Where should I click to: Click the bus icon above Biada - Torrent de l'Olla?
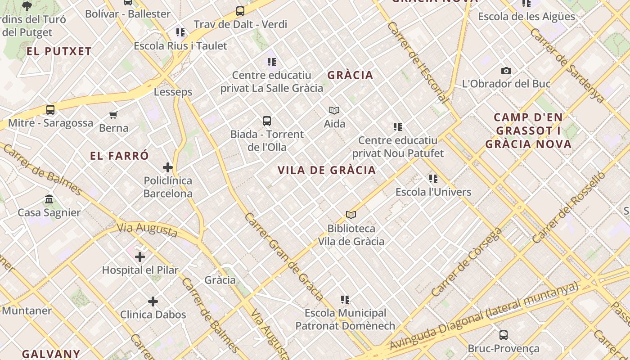coord(267,121)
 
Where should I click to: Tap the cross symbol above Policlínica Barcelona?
coord(168,167)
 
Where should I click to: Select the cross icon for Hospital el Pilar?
coord(140,257)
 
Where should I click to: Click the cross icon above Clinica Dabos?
coord(153,301)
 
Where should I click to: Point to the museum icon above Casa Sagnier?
coord(49,199)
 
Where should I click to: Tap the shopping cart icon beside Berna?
coord(113,115)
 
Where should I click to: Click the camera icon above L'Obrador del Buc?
coord(506,71)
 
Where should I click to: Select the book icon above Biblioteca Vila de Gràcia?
coord(351,215)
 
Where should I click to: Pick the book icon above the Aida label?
coord(334,110)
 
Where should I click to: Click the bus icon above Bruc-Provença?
coord(504,335)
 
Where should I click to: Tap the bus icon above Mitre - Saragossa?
coord(50,109)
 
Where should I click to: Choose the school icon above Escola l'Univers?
coord(433,179)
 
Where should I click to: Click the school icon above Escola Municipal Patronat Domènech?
coord(345,299)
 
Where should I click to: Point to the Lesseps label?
coord(173,92)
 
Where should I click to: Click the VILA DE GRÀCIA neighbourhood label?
coord(327,170)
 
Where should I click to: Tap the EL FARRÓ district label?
coord(119,156)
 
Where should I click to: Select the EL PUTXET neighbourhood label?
coord(59,51)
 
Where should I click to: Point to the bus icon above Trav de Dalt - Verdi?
coord(240,11)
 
